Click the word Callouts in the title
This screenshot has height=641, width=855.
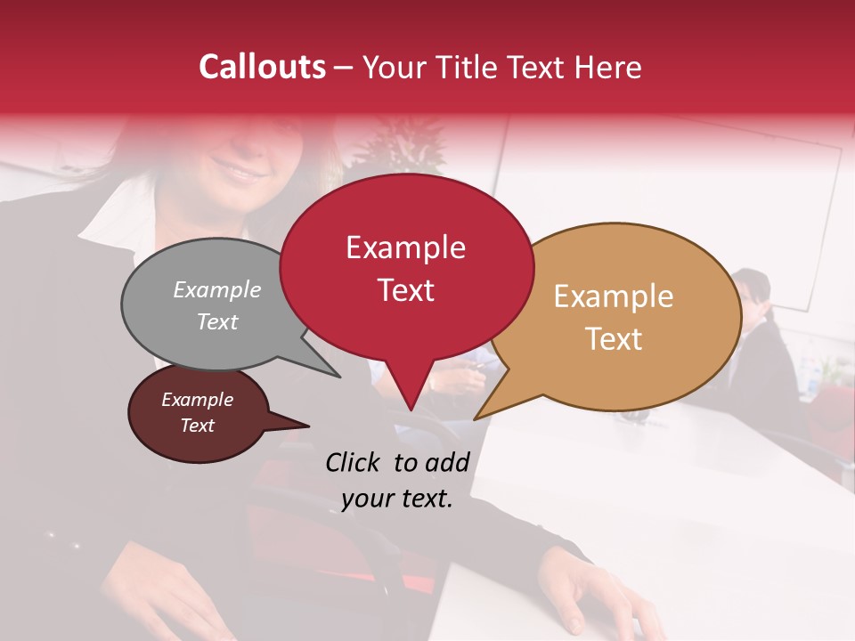click(262, 67)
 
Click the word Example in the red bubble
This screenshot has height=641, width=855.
click(405, 247)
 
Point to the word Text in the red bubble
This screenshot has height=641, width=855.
click(405, 290)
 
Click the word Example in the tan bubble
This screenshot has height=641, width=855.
click(614, 296)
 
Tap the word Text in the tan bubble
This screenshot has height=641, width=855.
click(614, 339)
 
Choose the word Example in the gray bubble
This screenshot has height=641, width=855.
click(217, 290)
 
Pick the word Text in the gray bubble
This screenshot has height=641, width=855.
click(217, 321)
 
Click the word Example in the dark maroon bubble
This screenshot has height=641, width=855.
click(197, 400)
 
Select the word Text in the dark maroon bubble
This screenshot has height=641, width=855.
click(197, 426)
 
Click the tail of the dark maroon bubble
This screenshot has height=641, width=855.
click(298, 425)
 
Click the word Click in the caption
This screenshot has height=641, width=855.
click(354, 462)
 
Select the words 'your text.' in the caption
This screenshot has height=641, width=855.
click(397, 499)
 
